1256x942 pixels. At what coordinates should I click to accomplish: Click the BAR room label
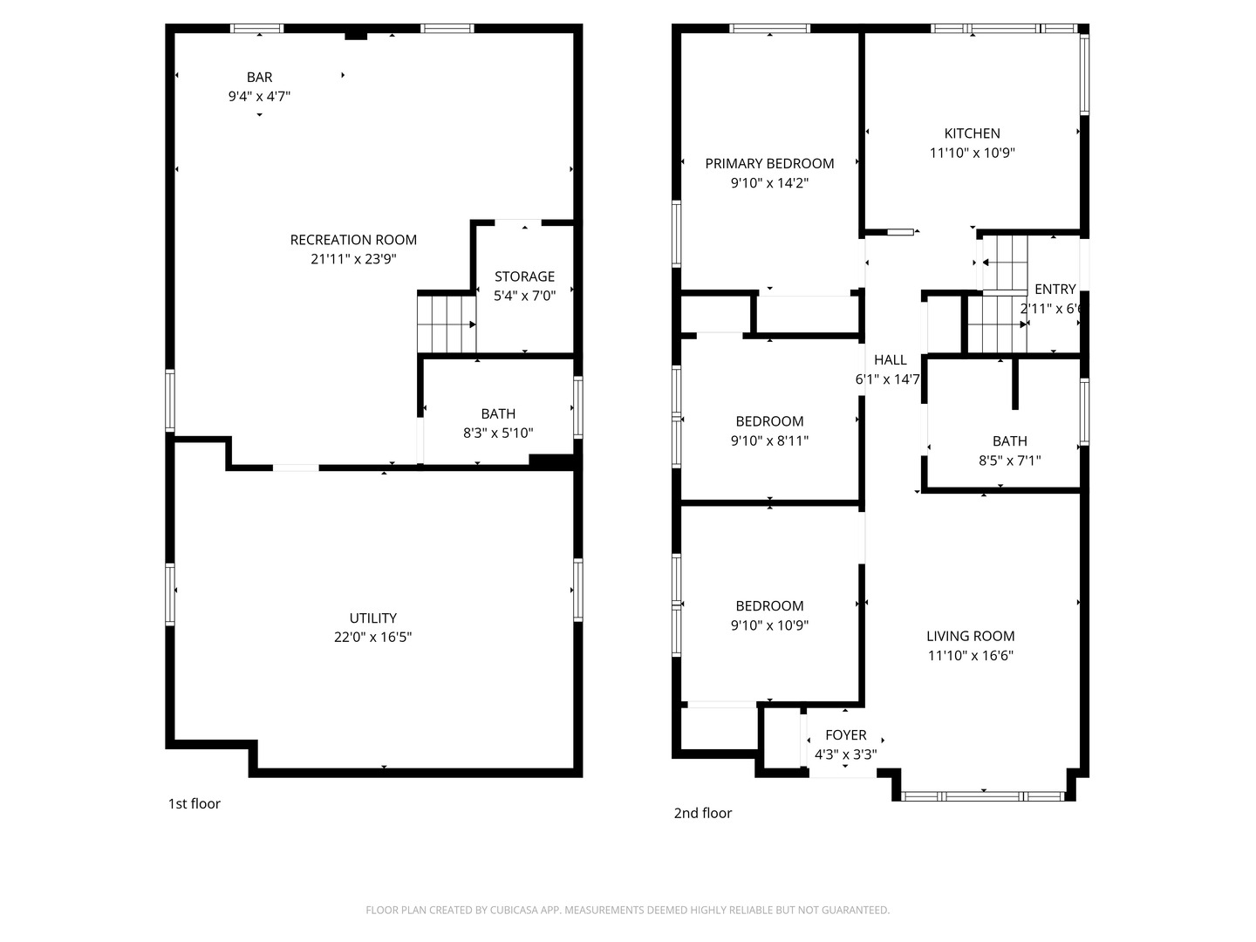click(259, 78)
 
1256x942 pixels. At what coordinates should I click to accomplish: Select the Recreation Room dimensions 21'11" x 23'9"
click(353, 259)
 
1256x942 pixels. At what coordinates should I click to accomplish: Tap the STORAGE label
click(524, 276)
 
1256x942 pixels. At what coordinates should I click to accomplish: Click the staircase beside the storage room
click(445, 324)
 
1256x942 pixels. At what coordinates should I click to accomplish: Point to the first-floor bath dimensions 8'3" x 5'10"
click(498, 433)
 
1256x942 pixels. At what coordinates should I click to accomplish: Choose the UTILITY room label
click(373, 618)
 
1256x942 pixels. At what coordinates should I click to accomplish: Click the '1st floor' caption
click(194, 803)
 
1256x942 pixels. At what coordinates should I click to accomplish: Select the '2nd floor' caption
click(702, 813)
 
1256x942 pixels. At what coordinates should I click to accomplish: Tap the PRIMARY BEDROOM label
click(769, 163)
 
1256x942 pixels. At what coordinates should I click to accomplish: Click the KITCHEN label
click(972, 133)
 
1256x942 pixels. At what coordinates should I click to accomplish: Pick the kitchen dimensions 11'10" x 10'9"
click(972, 153)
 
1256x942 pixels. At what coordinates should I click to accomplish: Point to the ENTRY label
click(1055, 290)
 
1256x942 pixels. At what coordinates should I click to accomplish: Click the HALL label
click(890, 359)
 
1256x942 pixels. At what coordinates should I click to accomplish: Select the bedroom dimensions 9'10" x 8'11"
click(769, 440)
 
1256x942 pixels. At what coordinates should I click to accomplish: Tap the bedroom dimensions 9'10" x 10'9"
click(769, 625)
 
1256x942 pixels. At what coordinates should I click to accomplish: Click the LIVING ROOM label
click(970, 636)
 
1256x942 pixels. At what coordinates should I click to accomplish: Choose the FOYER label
click(845, 735)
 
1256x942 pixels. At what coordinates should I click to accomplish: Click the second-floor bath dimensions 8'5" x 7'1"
click(1009, 461)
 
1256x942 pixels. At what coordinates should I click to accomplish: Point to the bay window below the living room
click(983, 795)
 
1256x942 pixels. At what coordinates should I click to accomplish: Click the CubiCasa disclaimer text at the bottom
click(627, 910)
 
